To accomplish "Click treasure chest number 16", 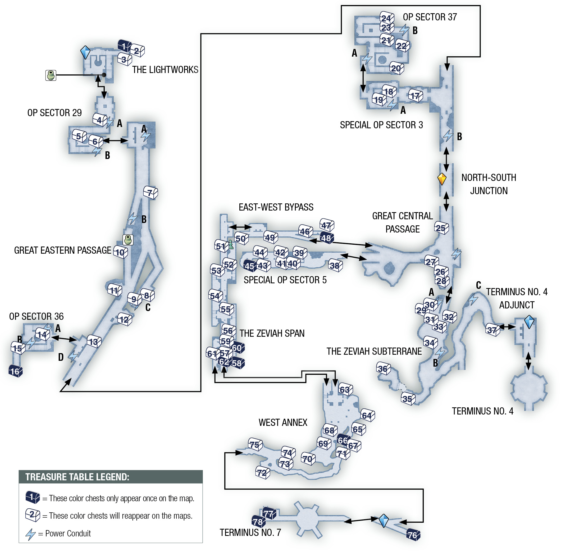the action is coord(16,371).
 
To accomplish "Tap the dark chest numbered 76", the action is coord(413,535).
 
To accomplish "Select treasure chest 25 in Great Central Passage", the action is coord(441,228).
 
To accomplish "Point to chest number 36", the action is coord(383,368).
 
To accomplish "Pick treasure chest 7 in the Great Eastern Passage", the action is coord(150,193).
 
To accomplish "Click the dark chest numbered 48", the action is coord(326,238).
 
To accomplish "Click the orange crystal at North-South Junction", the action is coord(442,179).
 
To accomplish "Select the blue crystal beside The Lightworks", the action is coord(85,52).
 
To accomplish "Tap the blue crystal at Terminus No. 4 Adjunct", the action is coord(529,322).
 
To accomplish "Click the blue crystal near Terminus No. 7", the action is coord(384,521).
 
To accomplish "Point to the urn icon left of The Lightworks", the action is coord(51,75).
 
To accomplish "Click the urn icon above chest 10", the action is coord(128,240).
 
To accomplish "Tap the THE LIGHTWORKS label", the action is coord(165,70).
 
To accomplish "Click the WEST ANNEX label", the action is coord(283,422).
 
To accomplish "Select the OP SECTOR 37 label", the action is coord(430,17).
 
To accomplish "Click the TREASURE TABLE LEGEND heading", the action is coord(77,477).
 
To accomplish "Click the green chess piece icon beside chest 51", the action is coord(231,244).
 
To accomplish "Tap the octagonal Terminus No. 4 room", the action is coord(529,388).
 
